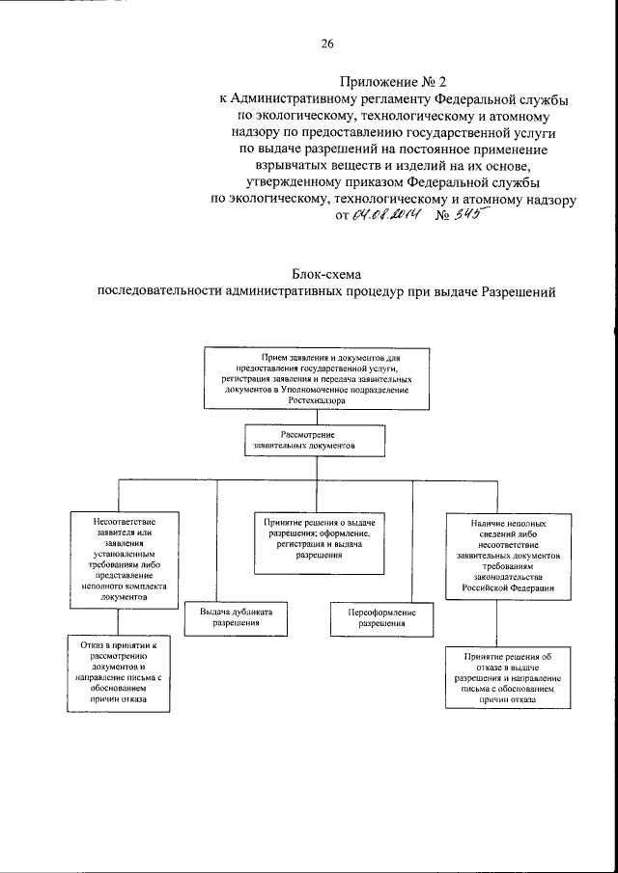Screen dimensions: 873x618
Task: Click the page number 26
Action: [x=326, y=43]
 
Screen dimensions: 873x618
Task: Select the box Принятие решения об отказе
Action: [x=499, y=680]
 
